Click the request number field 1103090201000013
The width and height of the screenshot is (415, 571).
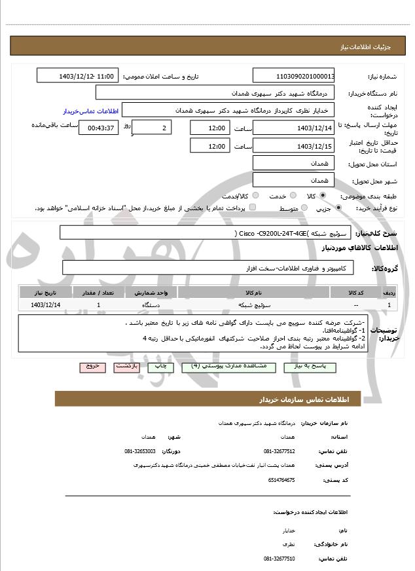(x=294, y=76)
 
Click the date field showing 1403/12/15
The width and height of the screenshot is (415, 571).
(x=294, y=145)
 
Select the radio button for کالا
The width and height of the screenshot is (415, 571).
(x=323, y=195)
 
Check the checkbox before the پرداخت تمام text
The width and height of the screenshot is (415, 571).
(x=252, y=208)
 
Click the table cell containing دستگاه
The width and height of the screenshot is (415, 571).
(x=151, y=305)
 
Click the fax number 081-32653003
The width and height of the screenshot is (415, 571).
(x=140, y=451)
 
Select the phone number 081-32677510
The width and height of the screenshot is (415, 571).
(x=280, y=558)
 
